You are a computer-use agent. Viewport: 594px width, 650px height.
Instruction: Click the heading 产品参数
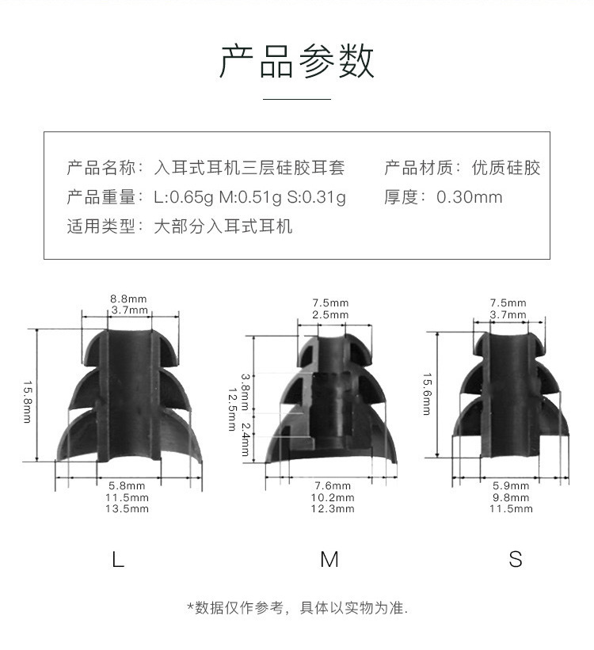point(296,62)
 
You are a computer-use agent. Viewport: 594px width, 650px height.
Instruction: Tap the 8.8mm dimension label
point(129,299)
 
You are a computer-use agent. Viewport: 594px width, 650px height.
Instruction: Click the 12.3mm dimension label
point(333,509)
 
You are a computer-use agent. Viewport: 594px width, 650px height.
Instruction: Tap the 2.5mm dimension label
point(329,315)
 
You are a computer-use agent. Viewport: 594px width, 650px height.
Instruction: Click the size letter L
point(118,560)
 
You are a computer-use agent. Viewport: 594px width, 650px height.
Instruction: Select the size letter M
point(329,560)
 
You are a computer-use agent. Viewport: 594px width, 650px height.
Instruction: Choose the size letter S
point(516,560)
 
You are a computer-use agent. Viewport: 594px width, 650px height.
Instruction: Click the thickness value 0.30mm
point(470,198)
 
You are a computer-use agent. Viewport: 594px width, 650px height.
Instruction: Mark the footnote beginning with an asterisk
point(296,608)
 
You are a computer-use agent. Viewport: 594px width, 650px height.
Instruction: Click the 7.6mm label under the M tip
point(333,485)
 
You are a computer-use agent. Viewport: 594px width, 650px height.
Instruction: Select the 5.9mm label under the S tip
point(511,485)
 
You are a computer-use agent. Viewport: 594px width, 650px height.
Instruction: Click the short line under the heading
point(296,99)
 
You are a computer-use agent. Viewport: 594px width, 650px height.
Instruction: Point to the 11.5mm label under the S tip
point(511,509)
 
